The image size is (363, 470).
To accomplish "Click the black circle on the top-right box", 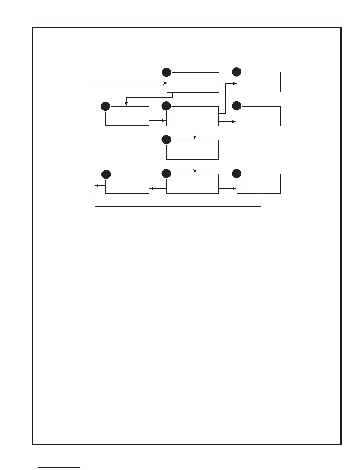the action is click(x=237, y=72).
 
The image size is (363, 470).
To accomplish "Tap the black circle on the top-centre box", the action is click(x=166, y=72).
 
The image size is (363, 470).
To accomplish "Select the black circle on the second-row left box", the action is click(x=105, y=106).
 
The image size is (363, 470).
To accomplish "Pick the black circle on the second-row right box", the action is click(x=237, y=106).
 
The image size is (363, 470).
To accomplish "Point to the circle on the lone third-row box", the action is click(x=166, y=140).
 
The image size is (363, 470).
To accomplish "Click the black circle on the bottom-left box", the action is click(x=106, y=174).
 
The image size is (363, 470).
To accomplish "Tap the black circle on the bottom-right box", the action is click(x=237, y=174).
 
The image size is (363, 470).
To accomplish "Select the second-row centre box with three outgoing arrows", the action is click(x=193, y=116).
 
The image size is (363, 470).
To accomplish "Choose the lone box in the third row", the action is click(x=193, y=150).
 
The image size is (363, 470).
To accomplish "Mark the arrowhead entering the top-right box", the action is click(x=235, y=84).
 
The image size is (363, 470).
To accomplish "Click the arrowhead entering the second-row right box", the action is click(x=235, y=122).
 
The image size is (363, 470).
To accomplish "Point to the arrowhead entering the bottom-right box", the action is click(x=235, y=188).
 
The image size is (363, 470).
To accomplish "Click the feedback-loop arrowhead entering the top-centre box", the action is click(x=165, y=83).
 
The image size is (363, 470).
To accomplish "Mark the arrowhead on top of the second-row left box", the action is click(x=126, y=104).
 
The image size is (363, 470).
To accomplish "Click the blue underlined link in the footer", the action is click(x=59, y=467).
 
